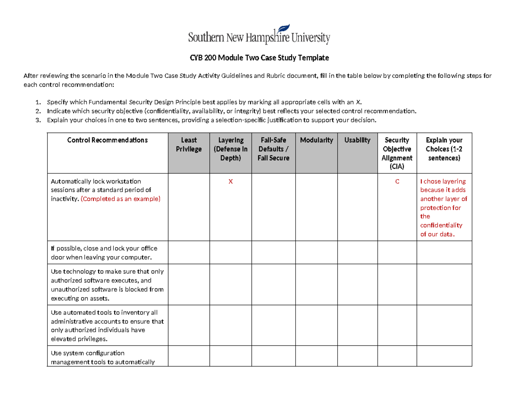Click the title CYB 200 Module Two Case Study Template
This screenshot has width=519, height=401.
click(259, 58)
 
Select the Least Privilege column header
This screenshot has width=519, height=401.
click(189, 144)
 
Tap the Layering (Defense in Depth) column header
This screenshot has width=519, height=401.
click(231, 149)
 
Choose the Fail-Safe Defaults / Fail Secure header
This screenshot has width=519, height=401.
click(273, 149)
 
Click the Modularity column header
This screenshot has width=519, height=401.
click(316, 140)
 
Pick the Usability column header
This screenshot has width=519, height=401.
click(357, 140)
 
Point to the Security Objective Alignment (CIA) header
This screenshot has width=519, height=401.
click(397, 153)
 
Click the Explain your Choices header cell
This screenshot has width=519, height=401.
click(444, 149)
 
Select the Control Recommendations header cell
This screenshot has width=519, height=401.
click(107, 140)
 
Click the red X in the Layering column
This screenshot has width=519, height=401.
click(231, 182)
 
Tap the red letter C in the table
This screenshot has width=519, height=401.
click(397, 182)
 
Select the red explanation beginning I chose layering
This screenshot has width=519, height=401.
click(443, 208)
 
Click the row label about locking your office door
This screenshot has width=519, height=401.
click(104, 253)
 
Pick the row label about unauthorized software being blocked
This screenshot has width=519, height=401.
click(107, 285)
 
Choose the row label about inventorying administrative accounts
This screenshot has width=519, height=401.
click(107, 325)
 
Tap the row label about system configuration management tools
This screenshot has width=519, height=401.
click(103, 358)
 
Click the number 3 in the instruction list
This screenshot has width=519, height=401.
click(38, 120)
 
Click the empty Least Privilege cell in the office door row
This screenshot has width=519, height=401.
click(189, 253)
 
